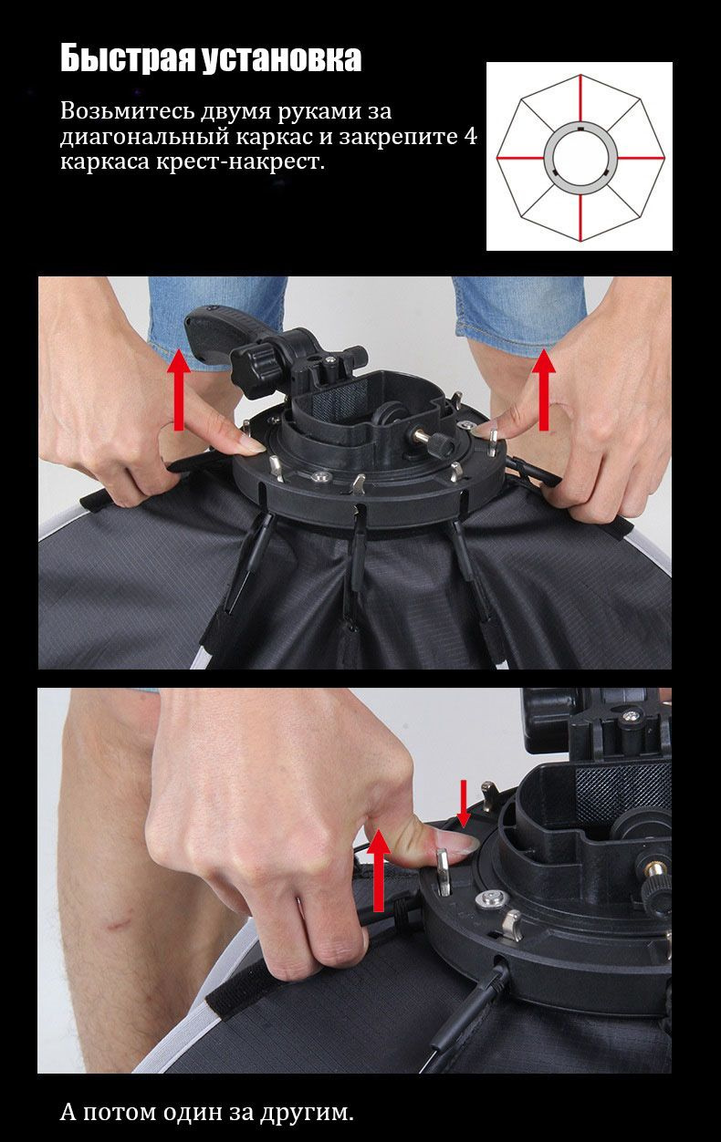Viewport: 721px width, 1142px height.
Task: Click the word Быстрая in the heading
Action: [128, 58]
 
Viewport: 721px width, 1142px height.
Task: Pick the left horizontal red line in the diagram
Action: [520, 158]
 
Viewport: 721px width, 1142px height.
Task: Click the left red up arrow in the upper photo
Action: [179, 389]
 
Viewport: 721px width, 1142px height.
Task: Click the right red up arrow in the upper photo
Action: [544, 389]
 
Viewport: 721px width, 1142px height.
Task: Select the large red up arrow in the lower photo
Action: [378, 870]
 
